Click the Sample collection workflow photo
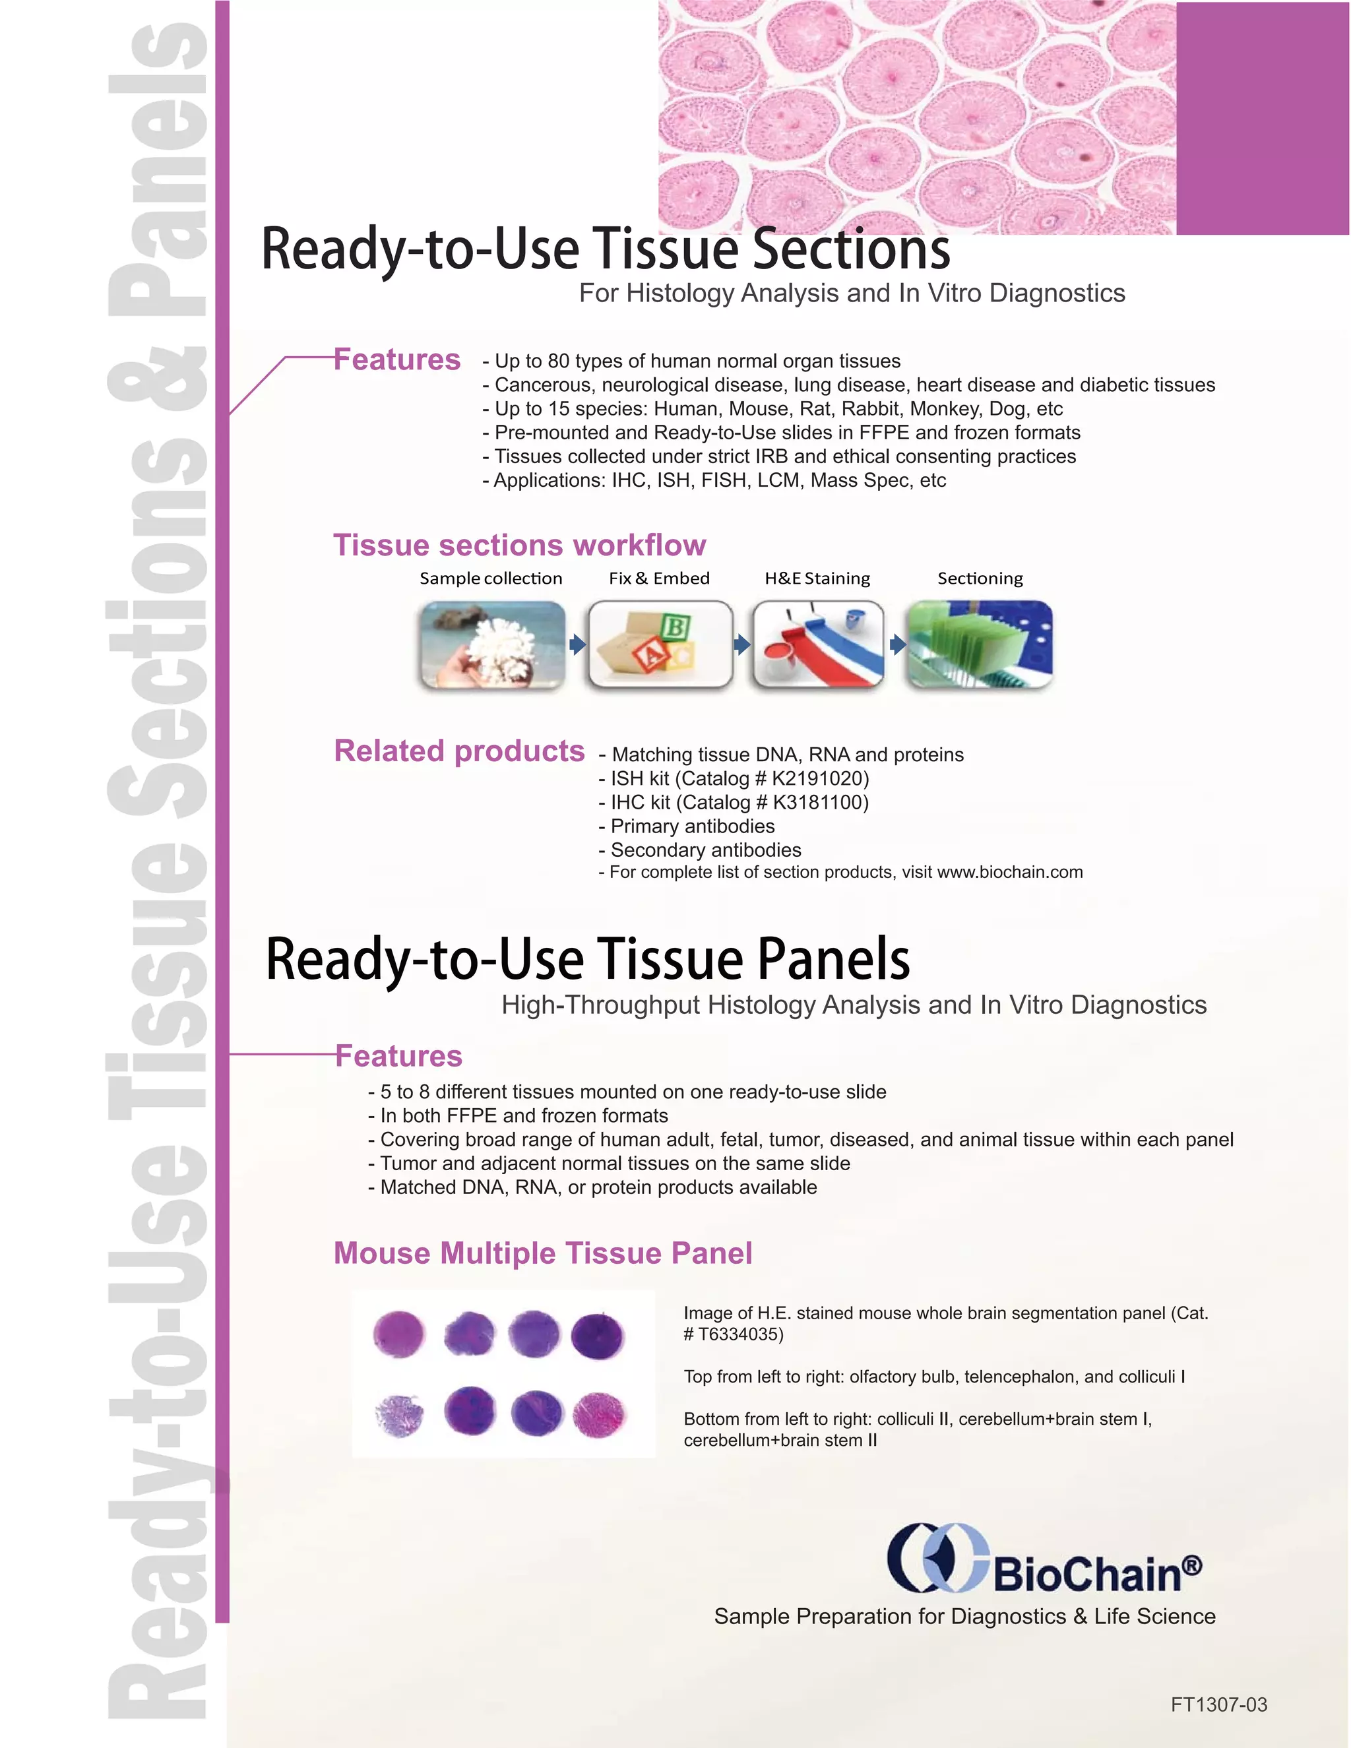(x=492, y=644)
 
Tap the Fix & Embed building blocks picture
(x=660, y=644)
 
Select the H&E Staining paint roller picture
(x=818, y=644)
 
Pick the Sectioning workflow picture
(x=979, y=644)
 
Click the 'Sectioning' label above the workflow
(x=980, y=578)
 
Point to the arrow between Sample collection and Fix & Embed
(x=577, y=644)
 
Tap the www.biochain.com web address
(x=1009, y=873)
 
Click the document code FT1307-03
(x=1218, y=1704)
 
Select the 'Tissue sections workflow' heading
(x=519, y=545)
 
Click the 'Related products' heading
(x=459, y=751)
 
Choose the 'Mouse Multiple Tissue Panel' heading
(x=543, y=1253)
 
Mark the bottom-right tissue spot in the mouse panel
(x=600, y=1415)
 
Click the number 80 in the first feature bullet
(x=559, y=361)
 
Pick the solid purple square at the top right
(x=1262, y=119)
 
